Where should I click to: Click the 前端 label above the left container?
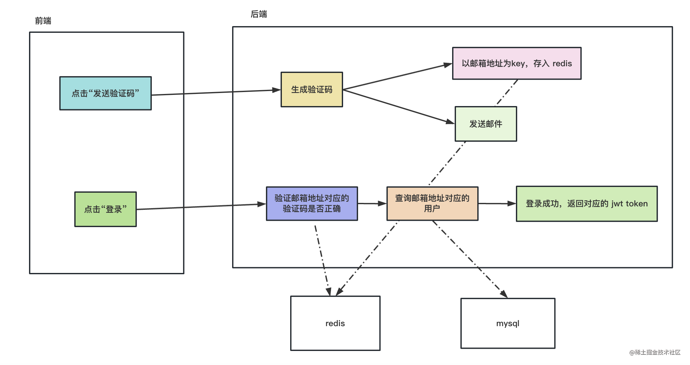point(43,21)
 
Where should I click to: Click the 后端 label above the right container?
point(259,14)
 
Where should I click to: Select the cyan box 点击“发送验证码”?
point(106,93)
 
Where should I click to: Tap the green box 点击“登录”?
point(106,209)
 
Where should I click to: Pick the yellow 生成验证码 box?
point(312,89)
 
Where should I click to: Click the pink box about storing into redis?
point(517,63)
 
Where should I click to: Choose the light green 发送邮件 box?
point(486,124)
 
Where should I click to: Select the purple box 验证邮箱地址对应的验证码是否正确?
point(312,204)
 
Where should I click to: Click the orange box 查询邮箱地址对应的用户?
point(432,204)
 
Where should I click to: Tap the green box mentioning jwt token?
point(587,204)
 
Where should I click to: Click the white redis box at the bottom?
point(335,323)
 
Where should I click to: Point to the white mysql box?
point(508,323)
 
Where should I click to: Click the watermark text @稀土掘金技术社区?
point(655,352)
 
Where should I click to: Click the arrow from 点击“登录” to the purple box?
point(201,207)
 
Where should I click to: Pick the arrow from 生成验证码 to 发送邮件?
point(399,106)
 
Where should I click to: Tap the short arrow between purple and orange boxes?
point(372,204)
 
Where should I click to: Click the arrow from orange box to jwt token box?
point(497,204)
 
